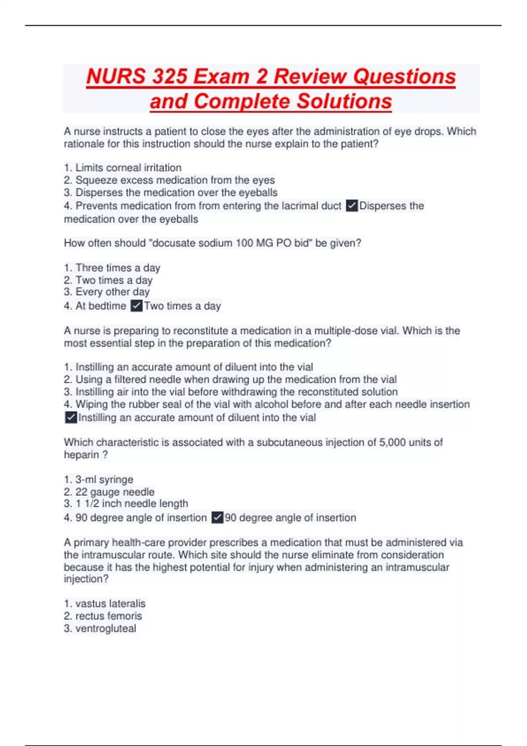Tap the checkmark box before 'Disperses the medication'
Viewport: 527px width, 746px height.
(x=352, y=205)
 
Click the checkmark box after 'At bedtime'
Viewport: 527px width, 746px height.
(x=137, y=306)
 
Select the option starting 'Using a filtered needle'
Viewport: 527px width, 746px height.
(x=236, y=379)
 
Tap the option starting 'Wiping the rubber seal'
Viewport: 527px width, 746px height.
(x=272, y=404)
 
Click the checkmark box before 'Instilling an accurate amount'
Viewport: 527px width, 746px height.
(x=71, y=417)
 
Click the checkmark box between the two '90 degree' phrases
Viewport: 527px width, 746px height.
(x=217, y=518)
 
